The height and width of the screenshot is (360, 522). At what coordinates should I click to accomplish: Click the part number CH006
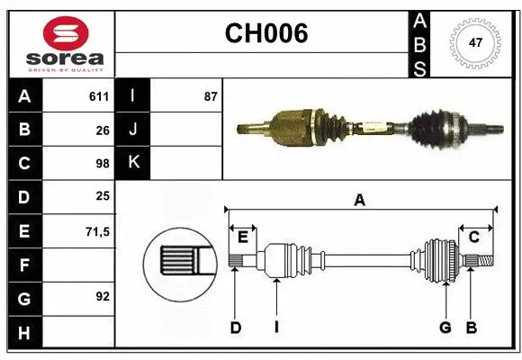pyautogui.click(x=265, y=33)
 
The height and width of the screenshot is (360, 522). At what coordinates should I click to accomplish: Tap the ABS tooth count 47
pyautogui.click(x=475, y=42)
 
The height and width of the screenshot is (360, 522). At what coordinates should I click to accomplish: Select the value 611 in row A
pyautogui.click(x=98, y=96)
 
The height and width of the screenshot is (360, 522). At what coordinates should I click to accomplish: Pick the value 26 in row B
pyautogui.click(x=102, y=130)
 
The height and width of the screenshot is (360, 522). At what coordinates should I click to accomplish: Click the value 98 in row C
pyautogui.click(x=102, y=163)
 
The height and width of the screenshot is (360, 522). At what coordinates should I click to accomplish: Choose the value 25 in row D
pyautogui.click(x=102, y=196)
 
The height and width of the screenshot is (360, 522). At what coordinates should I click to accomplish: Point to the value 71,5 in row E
pyautogui.click(x=97, y=230)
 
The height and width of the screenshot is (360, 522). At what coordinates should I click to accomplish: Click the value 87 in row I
pyautogui.click(x=210, y=96)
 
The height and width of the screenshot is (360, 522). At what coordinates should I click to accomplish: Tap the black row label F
pyautogui.click(x=24, y=265)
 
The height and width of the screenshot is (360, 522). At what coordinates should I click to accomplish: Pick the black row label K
pyautogui.click(x=133, y=163)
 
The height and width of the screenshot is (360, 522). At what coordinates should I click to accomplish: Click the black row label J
pyautogui.click(x=133, y=130)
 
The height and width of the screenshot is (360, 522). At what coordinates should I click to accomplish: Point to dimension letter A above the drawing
pyautogui.click(x=359, y=200)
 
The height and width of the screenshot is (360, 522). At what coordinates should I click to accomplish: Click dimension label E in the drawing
pyautogui.click(x=242, y=237)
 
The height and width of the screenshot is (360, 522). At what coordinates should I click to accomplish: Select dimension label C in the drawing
pyautogui.click(x=473, y=237)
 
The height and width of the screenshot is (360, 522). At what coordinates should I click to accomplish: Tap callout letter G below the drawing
pyautogui.click(x=445, y=328)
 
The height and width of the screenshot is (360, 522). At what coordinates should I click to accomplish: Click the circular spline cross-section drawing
pyautogui.click(x=179, y=263)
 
